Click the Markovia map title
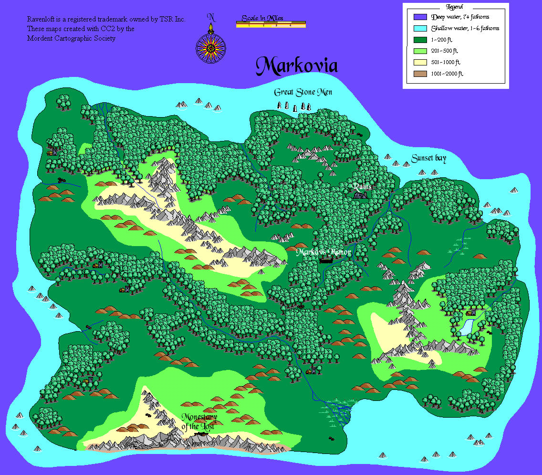(x=296, y=66)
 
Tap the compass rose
(x=210, y=47)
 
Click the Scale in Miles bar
(x=271, y=24)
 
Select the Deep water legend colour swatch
(x=420, y=17)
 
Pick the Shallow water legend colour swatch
(x=420, y=28)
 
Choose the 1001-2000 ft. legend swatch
(x=420, y=74)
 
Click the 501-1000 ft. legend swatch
(x=420, y=62)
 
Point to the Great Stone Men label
(x=302, y=92)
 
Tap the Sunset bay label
(x=428, y=159)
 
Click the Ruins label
(x=362, y=186)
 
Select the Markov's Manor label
(x=323, y=252)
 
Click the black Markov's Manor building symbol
(x=326, y=261)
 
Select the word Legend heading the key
(x=454, y=7)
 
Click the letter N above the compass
(x=211, y=18)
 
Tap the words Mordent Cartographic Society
(x=71, y=38)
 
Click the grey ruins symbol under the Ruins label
(x=361, y=194)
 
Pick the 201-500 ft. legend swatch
(x=420, y=51)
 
